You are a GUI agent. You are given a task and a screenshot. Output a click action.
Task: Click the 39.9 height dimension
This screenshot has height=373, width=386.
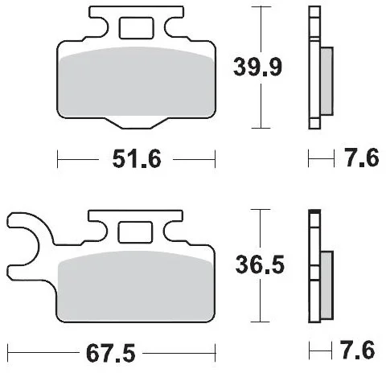(x=257, y=67)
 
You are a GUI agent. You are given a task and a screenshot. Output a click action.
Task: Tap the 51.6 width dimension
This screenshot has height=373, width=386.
(x=137, y=159)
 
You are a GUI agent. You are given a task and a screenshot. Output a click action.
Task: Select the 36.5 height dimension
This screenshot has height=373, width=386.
(x=260, y=264)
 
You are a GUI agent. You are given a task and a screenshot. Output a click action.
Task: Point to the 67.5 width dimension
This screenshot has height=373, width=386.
(x=111, y=353)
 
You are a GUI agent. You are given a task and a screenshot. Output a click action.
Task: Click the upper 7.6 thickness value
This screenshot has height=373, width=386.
(x=362, y=158)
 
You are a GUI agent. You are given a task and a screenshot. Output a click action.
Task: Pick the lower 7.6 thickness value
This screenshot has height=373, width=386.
(x=357, y=350)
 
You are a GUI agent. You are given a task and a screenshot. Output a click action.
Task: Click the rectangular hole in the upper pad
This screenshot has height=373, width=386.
(x=136, y=28)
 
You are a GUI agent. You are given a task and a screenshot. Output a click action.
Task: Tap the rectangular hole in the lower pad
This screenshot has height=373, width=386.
(x=135, y=232)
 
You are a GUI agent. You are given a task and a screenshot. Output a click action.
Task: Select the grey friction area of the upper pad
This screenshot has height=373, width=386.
(x=137, y=82)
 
